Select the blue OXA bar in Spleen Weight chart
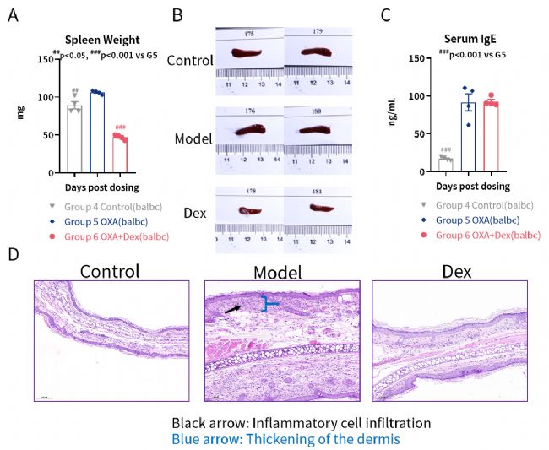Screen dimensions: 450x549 tap(97, 127)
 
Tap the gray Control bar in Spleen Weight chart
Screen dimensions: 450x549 tap(74, 135)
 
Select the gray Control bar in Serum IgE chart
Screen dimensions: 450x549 tap(445, 163)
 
